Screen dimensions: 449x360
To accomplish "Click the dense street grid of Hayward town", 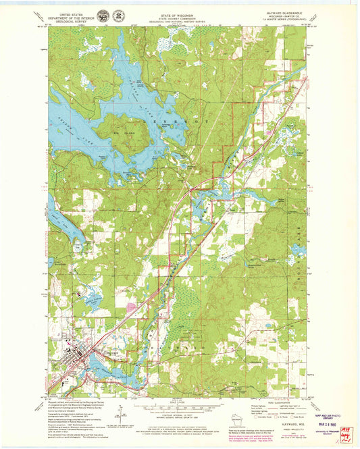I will (x=81, y=350).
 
